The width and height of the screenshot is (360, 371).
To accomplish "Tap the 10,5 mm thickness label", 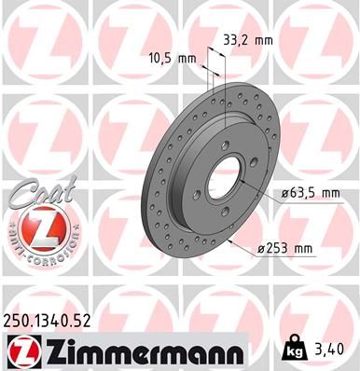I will pos(173,58).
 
